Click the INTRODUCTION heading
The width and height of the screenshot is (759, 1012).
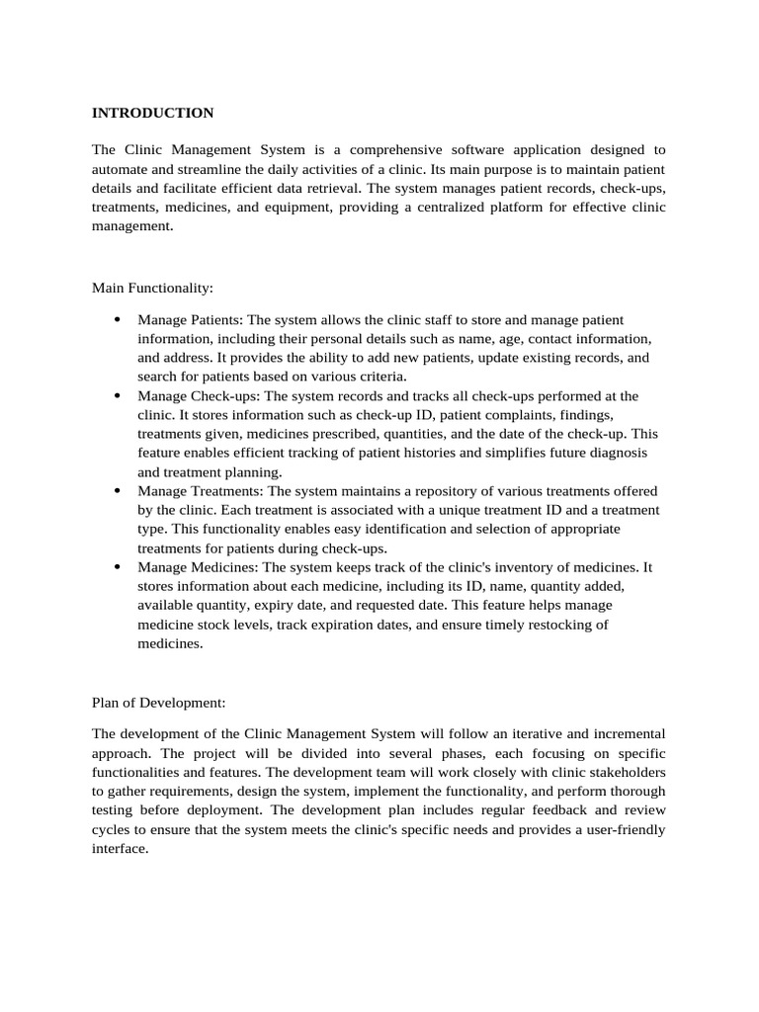152,113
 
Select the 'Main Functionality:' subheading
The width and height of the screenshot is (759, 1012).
152,288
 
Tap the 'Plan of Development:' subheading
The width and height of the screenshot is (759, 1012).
158,703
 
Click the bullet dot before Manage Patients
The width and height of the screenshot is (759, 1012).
117,320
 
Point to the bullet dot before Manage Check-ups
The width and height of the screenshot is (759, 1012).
117,396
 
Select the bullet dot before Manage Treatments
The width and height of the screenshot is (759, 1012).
117,491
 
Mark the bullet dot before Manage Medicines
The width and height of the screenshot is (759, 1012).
117,567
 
